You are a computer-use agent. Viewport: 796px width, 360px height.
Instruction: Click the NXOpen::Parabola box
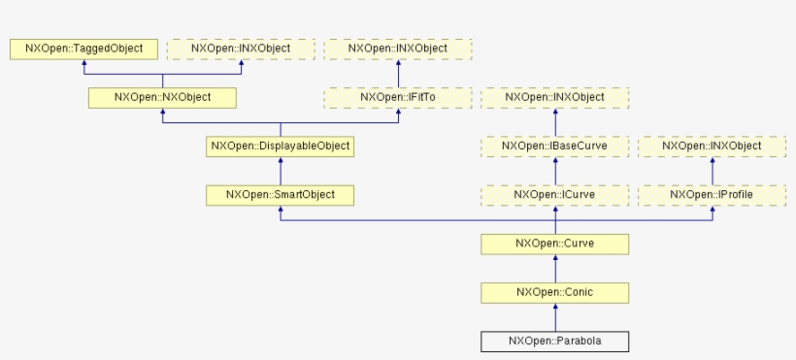coord(555,342)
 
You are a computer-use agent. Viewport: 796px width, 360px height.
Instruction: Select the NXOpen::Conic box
coord(555,292)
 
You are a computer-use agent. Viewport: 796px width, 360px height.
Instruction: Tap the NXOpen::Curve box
coord(555,244)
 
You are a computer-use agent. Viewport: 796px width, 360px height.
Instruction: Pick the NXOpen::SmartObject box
coord(280,195)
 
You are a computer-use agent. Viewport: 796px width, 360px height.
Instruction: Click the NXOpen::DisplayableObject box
coord(280,147)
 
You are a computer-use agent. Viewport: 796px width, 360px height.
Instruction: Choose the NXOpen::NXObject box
coord(162,97)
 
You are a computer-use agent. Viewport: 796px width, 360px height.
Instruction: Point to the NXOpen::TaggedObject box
coord(83,49)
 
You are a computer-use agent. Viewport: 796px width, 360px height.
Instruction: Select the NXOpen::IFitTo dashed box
coord(397,97)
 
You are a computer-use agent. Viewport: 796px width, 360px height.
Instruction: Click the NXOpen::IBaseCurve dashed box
coord(555,147)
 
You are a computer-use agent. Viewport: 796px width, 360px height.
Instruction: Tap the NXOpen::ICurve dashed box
coord(555,195)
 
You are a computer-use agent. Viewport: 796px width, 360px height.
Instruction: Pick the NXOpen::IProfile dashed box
coord(713,195)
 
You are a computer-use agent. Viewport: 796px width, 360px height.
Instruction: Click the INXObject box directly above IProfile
coord(713,147)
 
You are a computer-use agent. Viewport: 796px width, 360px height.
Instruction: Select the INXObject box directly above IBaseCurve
coord(555,97)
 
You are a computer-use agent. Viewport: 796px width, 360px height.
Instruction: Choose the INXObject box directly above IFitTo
coord(397,49)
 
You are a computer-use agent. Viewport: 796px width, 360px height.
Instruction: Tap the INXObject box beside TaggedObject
coord(241,49)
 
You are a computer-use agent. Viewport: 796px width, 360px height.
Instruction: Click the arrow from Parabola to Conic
coord(555,317)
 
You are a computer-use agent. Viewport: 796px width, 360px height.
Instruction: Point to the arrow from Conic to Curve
coord(555,268)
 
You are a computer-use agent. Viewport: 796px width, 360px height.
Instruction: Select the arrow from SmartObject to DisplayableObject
coord(280,171)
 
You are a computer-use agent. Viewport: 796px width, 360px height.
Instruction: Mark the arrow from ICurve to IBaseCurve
coord(555,171)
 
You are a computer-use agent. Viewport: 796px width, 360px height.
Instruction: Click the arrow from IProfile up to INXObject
coord(713,171)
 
